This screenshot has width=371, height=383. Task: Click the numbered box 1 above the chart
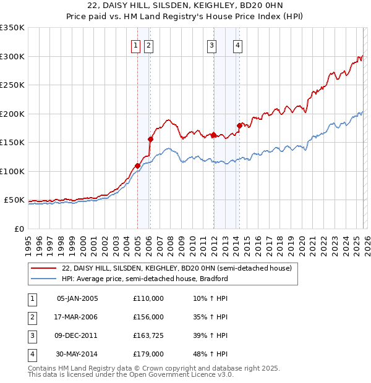pos(136,44)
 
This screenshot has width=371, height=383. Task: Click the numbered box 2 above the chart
pos(149,44)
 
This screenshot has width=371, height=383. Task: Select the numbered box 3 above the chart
pos(212,44)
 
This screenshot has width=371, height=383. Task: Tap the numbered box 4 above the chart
pos(238,44)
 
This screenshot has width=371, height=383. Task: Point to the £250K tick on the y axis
pos(12,85)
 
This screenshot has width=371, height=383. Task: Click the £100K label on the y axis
pos(12,171)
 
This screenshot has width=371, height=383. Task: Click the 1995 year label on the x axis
pos(28,243)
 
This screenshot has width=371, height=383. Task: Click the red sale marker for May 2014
pos(239,125)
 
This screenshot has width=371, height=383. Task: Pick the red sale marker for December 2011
pos(213,135)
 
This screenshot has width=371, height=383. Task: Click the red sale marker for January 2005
pos(137,166)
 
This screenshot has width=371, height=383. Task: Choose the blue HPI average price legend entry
pos(145,279)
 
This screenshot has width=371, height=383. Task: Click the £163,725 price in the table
pos(148,336)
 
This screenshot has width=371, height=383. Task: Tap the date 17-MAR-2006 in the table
pos(77,317)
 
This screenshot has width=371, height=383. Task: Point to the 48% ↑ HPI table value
pos(210,355)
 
